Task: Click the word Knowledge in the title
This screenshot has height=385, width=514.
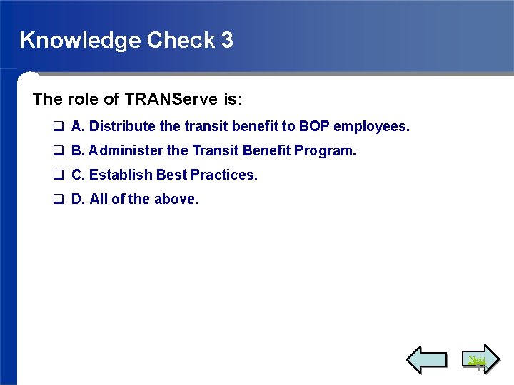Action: [80, 40]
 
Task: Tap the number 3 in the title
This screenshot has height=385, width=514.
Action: [227, 40]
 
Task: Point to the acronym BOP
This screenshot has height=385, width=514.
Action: [314, 127]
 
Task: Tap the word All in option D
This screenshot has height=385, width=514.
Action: [99, 199]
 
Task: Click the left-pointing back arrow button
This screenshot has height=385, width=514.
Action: [426, 359]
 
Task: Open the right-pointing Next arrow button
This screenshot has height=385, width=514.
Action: [478, 359]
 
